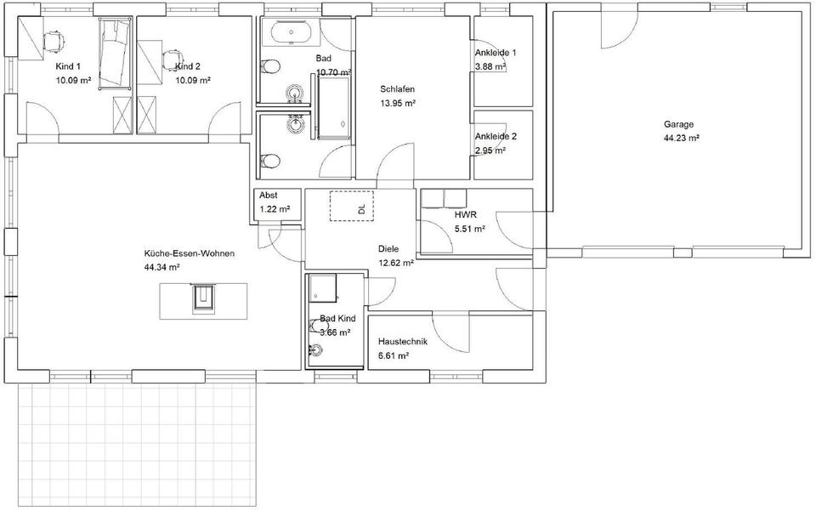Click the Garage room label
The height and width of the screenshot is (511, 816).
pos(678,124)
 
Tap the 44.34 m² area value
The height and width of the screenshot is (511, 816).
pos(161,267)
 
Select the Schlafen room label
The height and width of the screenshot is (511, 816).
pos(397,89)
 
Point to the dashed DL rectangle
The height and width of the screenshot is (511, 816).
pos(351,206)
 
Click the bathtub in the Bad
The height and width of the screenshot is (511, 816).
pos(291,33)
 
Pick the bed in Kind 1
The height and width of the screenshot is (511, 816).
pos(115,54)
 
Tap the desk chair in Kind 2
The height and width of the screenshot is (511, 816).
pos(173,60)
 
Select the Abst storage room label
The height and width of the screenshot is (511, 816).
pos(269,196)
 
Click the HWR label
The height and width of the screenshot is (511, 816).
pos(465,214)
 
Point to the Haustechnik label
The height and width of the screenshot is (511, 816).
pos(403,341)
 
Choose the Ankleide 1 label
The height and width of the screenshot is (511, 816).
pos(496,53)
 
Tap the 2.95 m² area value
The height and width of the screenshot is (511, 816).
pos(490,150)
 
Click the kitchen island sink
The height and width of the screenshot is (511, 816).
pos(203,298)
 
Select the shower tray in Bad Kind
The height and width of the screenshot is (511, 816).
pos(323,288)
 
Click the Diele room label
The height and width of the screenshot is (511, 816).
pos(388,249)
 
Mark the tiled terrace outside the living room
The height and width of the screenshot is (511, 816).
pos(138,445)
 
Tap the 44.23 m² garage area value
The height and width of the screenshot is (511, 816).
pos(681,138)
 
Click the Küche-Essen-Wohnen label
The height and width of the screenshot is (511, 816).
pos(189,253)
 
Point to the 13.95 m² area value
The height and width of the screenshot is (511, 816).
pos(398,103)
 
